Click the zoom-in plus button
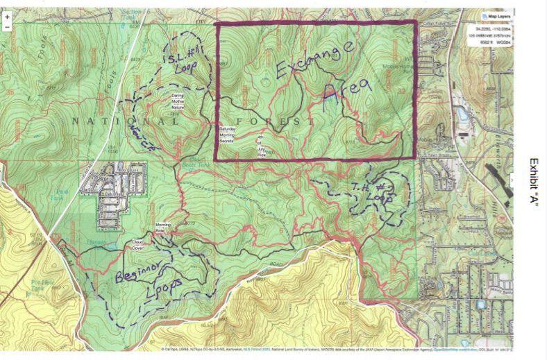coord(7,16)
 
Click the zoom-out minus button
coord(7,27)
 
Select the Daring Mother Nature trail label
coord(182,101)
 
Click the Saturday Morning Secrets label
coord(230,135)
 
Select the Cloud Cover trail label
coord(138,243)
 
